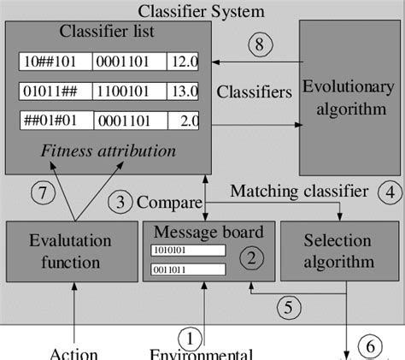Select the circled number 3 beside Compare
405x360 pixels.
click(120, 203)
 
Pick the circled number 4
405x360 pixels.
click(390, 192)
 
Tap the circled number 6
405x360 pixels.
click(370, 347)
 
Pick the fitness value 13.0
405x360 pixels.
click(184, 91)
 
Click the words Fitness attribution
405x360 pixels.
click(108, 151)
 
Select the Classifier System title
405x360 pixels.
click(202, 11)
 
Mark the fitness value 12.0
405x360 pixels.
click(184, 62)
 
